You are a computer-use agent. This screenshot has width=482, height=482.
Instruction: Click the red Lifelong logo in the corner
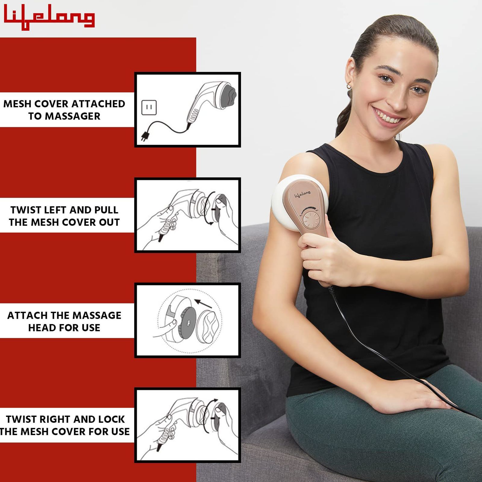pos(49,18)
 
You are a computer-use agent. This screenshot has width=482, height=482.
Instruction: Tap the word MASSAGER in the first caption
pos(72,116)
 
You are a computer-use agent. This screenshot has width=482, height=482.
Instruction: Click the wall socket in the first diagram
pos(149,107)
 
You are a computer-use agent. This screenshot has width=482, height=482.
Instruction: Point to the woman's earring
pos(349,85)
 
